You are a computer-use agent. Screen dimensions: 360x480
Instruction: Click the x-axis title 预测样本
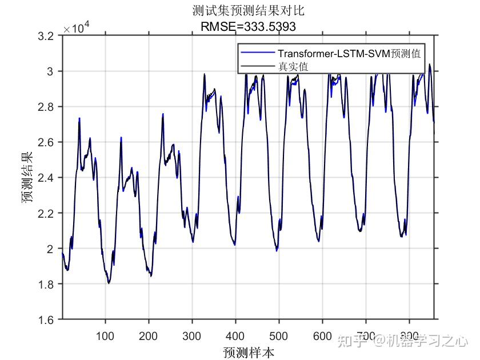coord(249,351)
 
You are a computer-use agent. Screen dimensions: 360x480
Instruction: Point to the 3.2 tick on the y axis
coord(47,36)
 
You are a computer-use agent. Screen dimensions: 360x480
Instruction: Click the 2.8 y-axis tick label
coord(47,107)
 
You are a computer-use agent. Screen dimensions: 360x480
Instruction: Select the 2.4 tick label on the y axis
coord(47,178)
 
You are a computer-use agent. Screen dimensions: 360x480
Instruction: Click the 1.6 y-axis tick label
coord(47,319)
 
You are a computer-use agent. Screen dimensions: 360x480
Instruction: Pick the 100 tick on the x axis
coord(105,334)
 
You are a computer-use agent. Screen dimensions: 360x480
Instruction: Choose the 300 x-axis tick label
coord(192,334)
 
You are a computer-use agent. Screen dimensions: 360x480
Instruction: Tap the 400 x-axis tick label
coord(235,334)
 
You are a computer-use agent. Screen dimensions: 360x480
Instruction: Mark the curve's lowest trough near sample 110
coord(109,283)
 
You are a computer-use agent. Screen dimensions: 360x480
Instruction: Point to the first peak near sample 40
coord(79,119)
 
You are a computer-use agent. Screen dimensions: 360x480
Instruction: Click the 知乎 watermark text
coord(350,341)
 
